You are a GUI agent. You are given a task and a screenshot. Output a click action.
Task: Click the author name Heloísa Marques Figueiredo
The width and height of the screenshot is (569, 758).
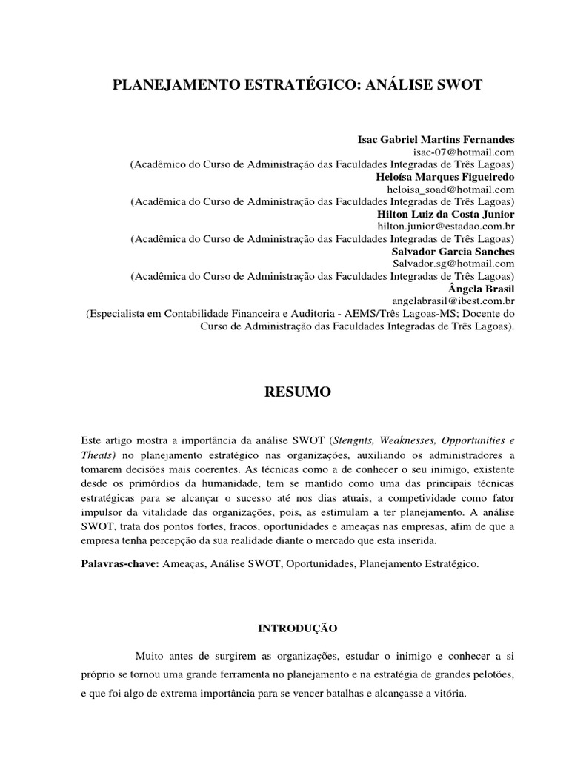[445, 177]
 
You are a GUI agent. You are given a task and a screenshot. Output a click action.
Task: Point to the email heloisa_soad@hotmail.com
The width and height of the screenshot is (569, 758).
[450, 189]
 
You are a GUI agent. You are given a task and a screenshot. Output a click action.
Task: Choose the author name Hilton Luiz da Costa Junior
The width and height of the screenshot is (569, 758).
[446, 214]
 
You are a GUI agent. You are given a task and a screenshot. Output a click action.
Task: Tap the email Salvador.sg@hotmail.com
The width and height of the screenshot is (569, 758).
[453, 264]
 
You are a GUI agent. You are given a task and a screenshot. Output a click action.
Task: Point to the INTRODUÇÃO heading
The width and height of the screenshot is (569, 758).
[297, 628]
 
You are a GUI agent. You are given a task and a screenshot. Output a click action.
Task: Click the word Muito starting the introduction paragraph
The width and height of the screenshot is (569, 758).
[152, 655]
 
